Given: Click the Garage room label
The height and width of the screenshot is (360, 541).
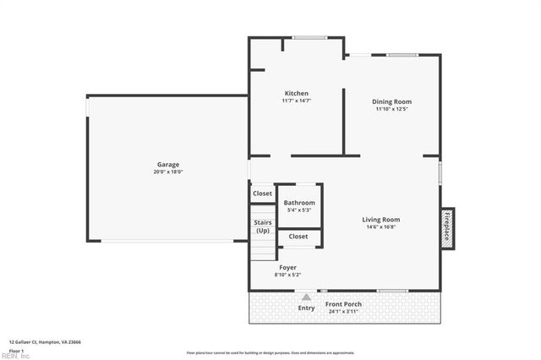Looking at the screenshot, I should (x=167, y=164).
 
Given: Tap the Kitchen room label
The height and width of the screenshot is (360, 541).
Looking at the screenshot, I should (x=296, y=93).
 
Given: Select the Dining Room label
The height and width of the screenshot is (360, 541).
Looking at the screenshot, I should (x=392, y=101).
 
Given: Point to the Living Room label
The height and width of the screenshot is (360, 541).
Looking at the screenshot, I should (x=381, y=219).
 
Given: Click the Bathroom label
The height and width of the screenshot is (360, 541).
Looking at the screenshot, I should (x=299, y=203).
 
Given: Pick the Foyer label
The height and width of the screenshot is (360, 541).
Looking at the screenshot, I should (x=287, y=267).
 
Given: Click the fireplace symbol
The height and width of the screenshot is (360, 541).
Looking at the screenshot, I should (x=446, y=227).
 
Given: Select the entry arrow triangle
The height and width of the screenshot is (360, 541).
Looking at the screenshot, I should (x=306, y=297).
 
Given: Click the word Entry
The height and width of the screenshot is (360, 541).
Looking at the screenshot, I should (x=306, y=308).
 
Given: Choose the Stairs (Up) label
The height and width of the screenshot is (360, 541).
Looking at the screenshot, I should (x=263, y=226).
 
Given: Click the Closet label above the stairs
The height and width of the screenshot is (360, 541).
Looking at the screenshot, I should (x=263, y=194).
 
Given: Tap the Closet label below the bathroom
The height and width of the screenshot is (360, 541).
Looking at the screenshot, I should (x=298, y=237).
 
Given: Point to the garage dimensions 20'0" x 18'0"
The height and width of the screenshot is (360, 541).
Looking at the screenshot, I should (x=167, y=172).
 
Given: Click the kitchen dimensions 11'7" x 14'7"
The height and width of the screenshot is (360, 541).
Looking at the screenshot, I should (x=296, y=101).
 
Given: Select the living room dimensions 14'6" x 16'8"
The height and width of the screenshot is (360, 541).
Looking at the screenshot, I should (x=381, y=226).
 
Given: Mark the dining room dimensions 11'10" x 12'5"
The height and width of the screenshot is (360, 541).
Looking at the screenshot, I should (x=392, y=109).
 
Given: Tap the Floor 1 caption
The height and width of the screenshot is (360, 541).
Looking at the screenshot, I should (x=16, y=350).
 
